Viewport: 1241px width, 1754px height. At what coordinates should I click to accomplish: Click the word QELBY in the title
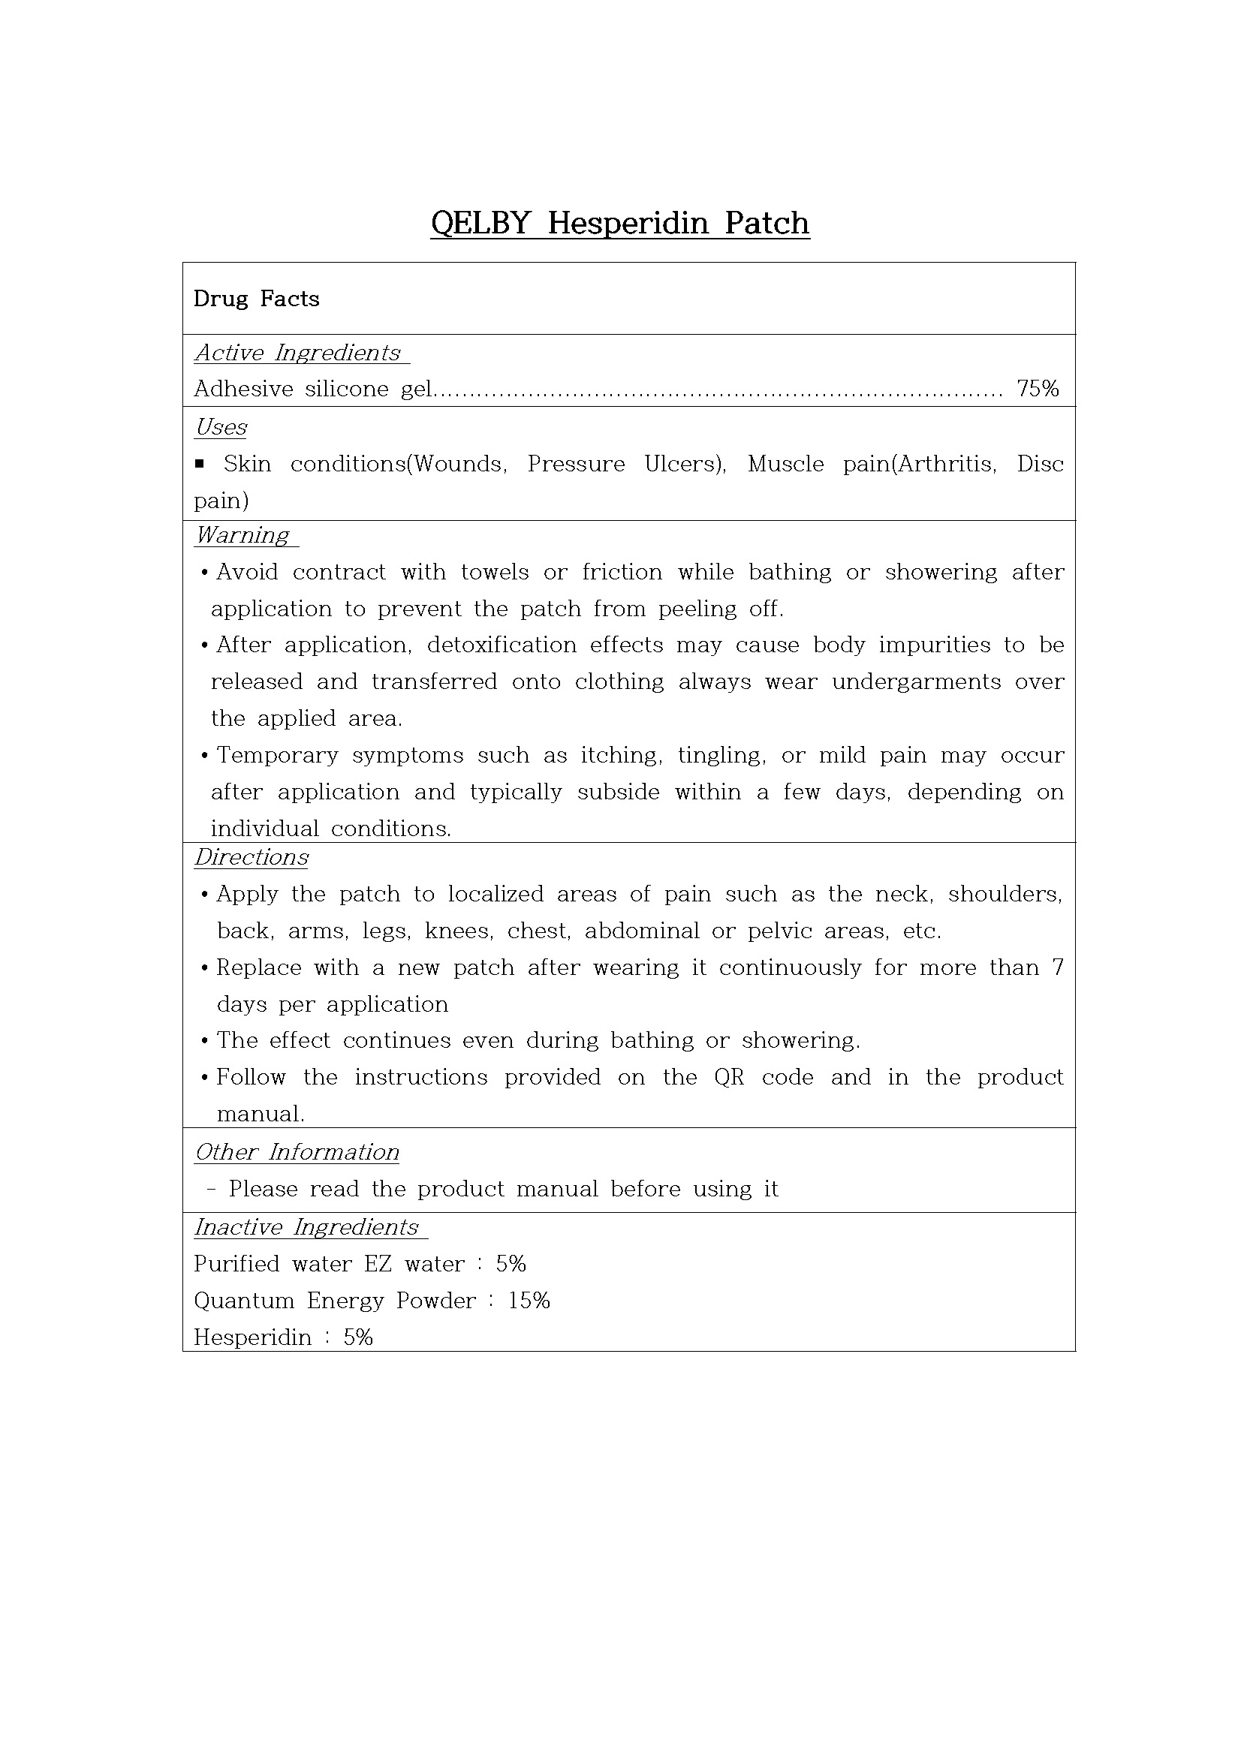(x=480, y=223)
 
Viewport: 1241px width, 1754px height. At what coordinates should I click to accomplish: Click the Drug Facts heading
(x=256, y=299)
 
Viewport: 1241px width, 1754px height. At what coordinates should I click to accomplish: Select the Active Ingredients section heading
(x=298, y=353)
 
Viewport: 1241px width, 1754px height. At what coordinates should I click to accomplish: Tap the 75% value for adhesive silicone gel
(x=1038, y=389)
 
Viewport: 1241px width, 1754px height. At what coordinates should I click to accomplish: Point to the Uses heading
(x=221, y=427)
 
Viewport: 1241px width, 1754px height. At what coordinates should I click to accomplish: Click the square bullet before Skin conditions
(x=200, y=463)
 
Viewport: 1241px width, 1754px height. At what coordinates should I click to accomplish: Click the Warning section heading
(x=242, y=534)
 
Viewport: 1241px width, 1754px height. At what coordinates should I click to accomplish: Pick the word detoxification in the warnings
(x=502, y=645)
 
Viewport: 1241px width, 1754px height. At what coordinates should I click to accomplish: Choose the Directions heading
(x=252, y=857)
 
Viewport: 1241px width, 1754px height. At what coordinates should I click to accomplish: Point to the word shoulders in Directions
(x=1004, y=895)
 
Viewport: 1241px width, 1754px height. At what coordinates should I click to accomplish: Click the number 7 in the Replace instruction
(x=1058, y=968)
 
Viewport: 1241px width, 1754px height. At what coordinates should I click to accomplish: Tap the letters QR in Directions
(x=729, y=1077)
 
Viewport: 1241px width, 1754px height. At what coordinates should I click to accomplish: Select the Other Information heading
(x=297, y=1152)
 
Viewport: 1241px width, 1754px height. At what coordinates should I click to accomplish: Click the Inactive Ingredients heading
(x=306, y=1227)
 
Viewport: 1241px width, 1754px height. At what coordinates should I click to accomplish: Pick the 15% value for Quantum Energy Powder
(x=529, y=1300)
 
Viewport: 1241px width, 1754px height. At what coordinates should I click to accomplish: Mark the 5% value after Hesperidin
(x=357, y=1337)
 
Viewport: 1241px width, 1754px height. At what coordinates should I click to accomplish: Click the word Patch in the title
(x=767, y=223)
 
